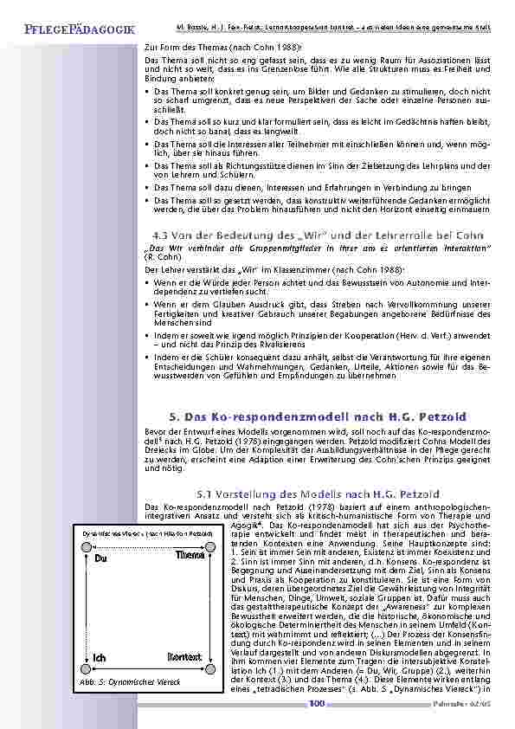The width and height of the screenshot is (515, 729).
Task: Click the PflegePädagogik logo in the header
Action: [x=74, y=29]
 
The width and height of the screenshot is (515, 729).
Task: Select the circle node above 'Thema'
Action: [x=209, y=547]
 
